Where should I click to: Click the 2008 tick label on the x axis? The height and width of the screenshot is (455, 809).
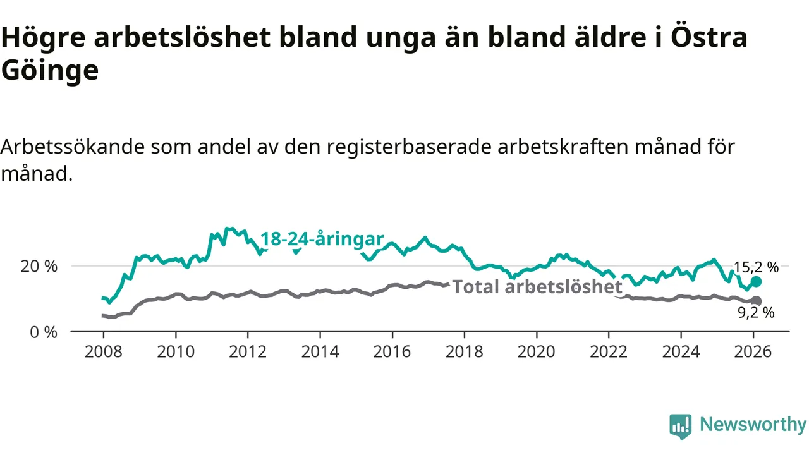tap(103, 351)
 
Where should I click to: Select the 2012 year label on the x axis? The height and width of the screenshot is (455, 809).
tap(248, 351)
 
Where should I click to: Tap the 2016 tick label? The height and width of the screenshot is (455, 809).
tap(392, 351)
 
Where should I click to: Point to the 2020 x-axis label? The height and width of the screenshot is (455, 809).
tap(537, 351)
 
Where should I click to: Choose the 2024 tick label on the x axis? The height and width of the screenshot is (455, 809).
tap(681, 351)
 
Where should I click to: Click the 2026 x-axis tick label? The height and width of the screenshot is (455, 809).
tap(753, 351)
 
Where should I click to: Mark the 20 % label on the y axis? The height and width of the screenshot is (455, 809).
tap(39, 266)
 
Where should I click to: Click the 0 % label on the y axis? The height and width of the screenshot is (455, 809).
tap(44, 331)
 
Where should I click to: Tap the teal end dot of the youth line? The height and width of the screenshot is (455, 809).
tap(756, 282)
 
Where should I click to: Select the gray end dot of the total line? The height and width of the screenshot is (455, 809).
tap(756, 301)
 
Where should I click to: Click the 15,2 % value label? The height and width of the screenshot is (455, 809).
tap(756, 267)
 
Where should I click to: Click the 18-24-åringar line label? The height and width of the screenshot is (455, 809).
tap(322, 239)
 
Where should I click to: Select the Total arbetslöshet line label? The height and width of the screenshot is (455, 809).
tap(537, 287)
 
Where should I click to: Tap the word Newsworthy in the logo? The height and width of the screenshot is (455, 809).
tap(753, 425)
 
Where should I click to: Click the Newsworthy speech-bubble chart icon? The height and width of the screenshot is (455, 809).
tap(681, 427)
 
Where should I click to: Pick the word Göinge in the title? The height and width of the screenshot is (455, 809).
tap(50, 71)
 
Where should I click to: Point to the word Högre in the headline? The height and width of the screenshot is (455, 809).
tap(43, 38)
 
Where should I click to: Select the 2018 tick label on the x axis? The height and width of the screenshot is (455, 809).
tap(465, 351)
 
